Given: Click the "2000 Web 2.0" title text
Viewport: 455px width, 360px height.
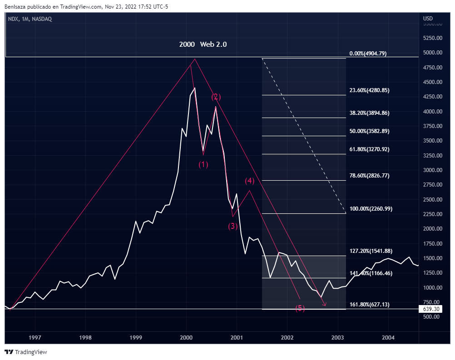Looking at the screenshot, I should point(203,44).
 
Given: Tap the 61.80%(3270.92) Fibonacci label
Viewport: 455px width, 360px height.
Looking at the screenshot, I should point(370,149).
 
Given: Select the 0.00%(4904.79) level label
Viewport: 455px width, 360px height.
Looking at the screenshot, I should point(368,54).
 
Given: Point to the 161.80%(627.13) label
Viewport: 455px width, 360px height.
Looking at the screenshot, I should point(370,305).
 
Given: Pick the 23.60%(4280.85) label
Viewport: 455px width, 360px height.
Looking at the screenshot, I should point(370,90).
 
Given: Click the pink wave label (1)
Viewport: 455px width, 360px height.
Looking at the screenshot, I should point(203,164).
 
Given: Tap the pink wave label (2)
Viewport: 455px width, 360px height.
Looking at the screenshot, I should point(216,97).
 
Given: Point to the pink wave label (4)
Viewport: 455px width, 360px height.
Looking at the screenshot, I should point(250,181).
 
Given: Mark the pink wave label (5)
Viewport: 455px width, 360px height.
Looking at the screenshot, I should point(300,309).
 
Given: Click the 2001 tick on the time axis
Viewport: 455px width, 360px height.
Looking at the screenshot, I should point(236,338).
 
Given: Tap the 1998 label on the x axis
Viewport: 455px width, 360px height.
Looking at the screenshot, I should point(85,338).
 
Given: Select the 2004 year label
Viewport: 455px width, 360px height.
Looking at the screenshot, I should point(388,338).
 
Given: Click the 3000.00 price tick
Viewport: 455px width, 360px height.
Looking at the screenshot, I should point(432,170).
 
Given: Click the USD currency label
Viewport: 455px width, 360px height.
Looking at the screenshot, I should point(428,19).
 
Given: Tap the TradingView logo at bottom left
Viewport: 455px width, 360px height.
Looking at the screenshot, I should point(26,352).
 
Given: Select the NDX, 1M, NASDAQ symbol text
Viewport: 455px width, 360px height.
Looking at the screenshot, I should point(30,19).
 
